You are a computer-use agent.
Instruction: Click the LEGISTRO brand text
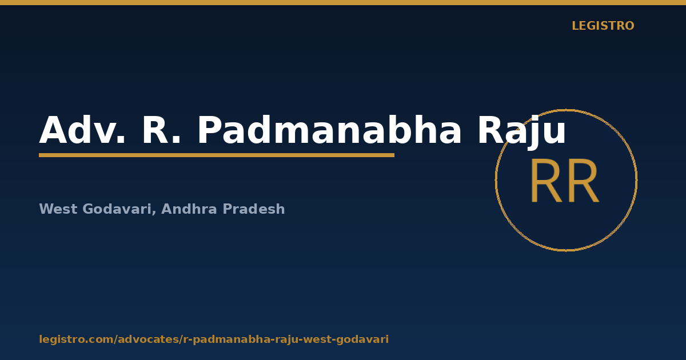[603, 26]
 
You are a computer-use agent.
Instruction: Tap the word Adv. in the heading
[82, 130]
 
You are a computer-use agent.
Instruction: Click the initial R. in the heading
[161, 130]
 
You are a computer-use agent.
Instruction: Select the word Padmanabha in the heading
[329, 129]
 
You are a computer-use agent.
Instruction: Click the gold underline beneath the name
[217, 155]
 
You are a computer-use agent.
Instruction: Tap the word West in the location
[58, 209]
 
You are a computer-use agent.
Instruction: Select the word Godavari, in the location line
[119, 210]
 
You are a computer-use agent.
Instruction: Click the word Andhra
[189, 209]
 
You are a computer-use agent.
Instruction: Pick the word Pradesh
[254, 209]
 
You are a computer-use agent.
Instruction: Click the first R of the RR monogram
[547, 181]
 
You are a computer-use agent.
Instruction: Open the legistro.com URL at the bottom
[214, 339]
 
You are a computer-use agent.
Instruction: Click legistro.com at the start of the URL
[77, 339]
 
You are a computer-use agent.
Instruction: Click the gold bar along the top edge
[343, 2]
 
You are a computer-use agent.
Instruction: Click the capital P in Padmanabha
[209, 130]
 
